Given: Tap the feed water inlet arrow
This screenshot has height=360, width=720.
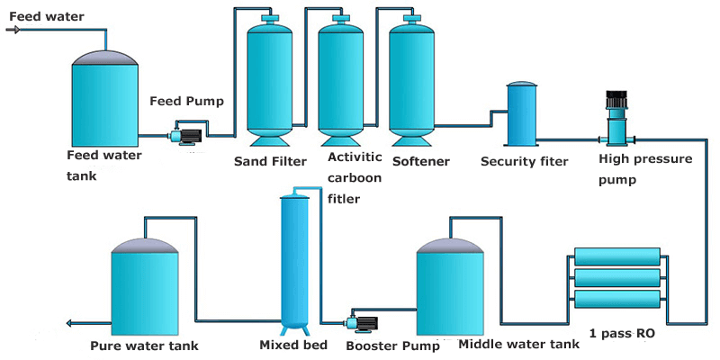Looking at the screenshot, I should [13, 30].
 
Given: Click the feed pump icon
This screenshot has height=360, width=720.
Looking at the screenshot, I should [185, 137].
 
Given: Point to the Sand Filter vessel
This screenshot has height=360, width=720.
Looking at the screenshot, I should [271, 81].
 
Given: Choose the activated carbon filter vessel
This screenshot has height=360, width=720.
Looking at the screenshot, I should [341, 81].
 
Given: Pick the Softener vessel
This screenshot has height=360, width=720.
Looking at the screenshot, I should [413, 81].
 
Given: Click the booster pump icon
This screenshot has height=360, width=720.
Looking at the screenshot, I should [362, 322].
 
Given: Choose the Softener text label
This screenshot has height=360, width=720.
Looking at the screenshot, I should [420, 161].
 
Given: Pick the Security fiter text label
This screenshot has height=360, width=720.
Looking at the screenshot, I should [524, 161].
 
